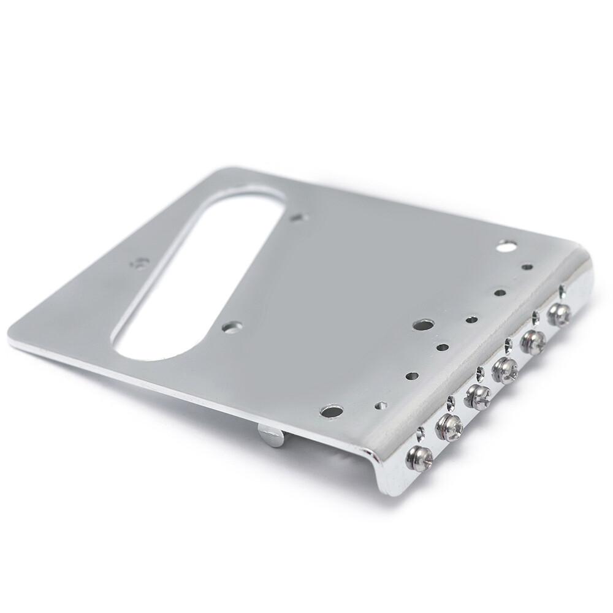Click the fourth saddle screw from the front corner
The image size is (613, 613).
pos(506,368)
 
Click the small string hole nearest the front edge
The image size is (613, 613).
pos(381,405)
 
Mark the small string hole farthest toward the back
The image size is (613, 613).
pos(527,267)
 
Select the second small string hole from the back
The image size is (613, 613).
pos(501,293)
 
